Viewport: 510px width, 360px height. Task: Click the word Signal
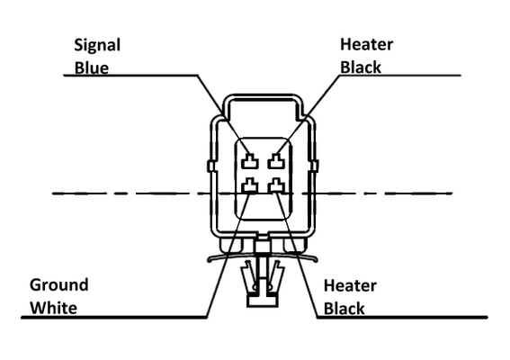point(97,46)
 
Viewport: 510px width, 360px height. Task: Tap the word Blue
point(92,68)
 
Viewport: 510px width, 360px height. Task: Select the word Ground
point(58,284)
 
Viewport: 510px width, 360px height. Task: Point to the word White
point(54,308)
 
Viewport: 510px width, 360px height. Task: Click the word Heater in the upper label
point(367,44)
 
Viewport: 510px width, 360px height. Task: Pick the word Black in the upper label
point(361,67)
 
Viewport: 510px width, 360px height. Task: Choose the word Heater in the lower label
point(350,285)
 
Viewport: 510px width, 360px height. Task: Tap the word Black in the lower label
point(344,309)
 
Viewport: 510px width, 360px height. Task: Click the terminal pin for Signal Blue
point(250,161)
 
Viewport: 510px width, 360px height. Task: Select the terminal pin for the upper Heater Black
point(276,161)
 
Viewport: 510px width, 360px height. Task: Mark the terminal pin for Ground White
point(250,185)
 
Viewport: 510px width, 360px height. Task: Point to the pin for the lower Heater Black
point(276,185)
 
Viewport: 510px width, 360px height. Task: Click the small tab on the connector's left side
point(211,166)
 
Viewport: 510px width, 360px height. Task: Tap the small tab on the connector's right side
point(315,166)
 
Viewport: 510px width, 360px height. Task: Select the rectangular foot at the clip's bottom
point(263,300)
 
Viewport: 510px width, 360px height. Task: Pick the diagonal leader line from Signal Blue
point(224,114)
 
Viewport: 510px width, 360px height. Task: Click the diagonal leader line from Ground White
point(228,255)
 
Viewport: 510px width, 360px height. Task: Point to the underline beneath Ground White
point(113,317)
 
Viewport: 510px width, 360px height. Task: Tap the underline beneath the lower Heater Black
point(402,317)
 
